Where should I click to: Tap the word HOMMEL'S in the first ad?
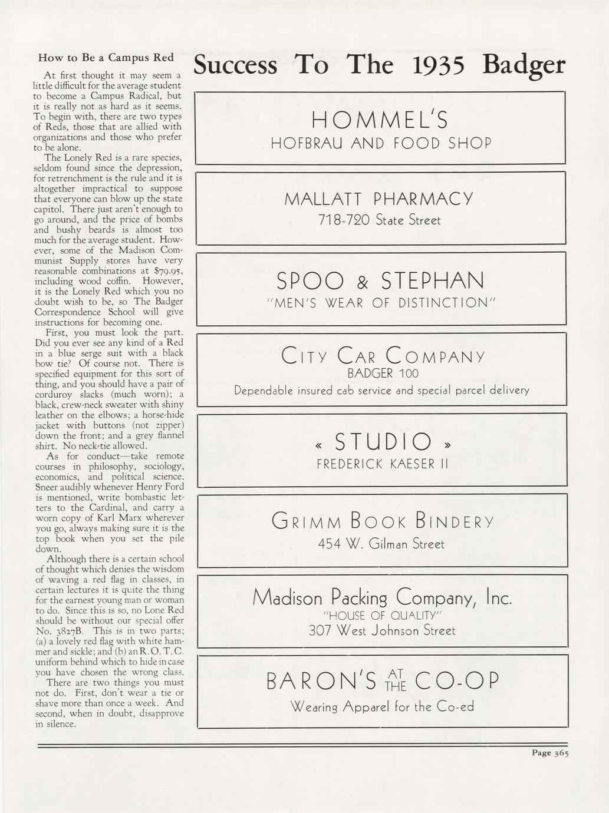click(380, 120)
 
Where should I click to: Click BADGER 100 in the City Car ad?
click(383, 374)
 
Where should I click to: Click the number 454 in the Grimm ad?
click(330, 544)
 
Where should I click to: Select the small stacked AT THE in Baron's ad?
click(395, 680)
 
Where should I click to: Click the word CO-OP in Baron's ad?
click(457, 681)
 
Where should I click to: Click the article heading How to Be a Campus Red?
click(106, 58)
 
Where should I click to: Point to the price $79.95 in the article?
click(168, 271)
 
